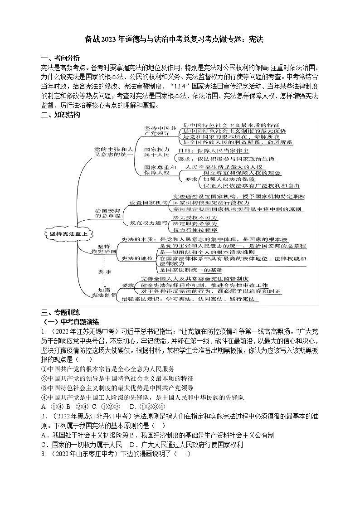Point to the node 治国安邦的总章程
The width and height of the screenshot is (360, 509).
[108, 214]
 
